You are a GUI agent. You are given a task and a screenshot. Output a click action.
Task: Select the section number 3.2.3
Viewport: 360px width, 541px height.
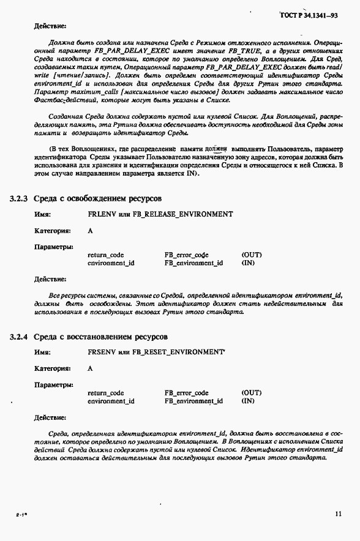tap(19, 199)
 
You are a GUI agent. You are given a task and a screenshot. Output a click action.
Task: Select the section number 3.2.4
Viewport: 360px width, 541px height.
tap(19, 337)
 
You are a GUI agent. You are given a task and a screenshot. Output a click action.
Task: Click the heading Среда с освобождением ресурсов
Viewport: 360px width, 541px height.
tap(97, 199)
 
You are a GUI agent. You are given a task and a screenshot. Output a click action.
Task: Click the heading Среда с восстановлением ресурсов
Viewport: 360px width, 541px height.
tap(100, 337)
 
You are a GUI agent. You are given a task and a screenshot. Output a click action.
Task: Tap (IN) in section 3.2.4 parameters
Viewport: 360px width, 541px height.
tap(248, 401)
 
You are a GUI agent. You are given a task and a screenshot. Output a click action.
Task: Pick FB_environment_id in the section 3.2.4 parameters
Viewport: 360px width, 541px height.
tap(193, 401)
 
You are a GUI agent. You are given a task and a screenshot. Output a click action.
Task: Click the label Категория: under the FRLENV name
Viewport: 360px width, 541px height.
tap(52, 231)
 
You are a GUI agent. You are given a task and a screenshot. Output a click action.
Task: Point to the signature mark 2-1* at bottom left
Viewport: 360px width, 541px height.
tap(20, 516)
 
